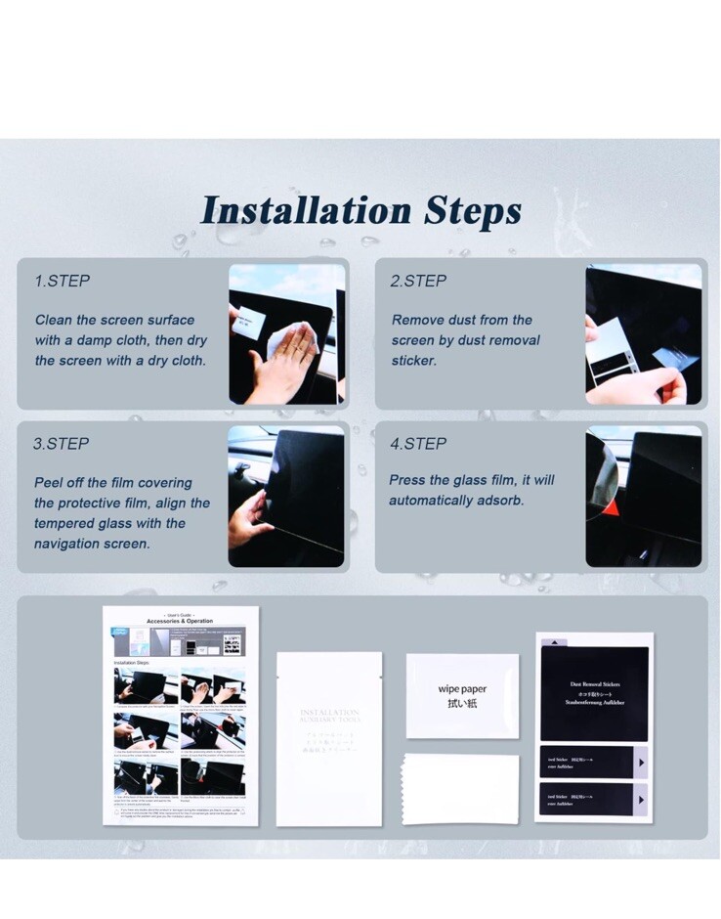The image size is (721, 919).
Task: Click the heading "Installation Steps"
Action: [x=360, y=210]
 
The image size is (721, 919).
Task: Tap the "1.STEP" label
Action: [x=62, y=281]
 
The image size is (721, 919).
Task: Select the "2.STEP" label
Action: [x=418, y=281]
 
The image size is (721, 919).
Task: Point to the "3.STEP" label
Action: [x=62, y=443]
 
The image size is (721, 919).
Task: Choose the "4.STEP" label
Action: [x=418, y=443]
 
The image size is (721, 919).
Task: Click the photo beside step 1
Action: [x=286, y=333]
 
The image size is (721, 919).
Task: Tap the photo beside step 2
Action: [x=643, y=333]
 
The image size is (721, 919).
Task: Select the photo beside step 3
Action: [x=286, y=496]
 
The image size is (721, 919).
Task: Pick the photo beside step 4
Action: [x=643, y=496]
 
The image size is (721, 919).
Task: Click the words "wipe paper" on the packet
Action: [x=462, y=689]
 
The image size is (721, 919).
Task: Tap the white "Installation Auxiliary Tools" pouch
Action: [x=328, y=738]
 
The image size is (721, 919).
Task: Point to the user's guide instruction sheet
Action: [x=181, y=716]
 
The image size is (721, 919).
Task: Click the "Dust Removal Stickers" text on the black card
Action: [x=595, y=684]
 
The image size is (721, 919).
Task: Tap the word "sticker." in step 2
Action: [x=414, y=361]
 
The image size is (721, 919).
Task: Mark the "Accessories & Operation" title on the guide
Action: [x=180, y=621]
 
